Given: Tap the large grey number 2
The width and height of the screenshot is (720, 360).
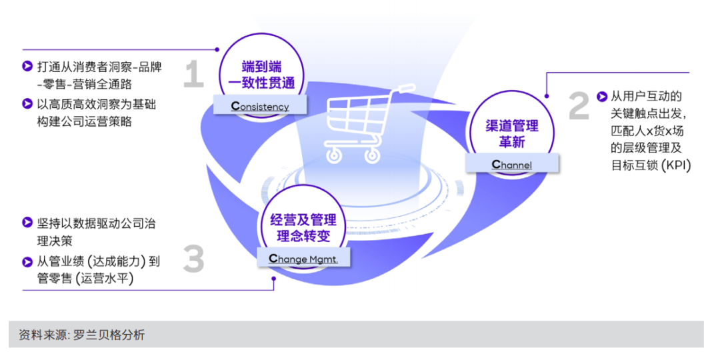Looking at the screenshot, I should point(579,107).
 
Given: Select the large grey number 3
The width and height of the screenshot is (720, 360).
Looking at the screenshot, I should point(193,259).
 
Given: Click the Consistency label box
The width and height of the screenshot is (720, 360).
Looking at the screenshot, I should point(260,105).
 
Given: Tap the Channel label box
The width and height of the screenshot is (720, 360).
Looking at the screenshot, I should point(512,164).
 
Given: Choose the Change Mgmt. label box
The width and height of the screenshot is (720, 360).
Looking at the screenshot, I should point(303,259).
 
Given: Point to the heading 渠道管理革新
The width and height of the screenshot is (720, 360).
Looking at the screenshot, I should point(512,133).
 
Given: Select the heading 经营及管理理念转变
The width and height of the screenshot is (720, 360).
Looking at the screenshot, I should point(303,229).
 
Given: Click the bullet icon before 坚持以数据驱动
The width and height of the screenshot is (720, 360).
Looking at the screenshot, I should point(27,222).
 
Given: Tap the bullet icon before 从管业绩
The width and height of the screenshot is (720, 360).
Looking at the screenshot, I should point(27,261).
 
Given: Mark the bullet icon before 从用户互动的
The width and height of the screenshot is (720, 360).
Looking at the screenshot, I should point(602,96).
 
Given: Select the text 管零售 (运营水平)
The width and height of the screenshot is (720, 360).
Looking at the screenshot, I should point(86,279).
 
